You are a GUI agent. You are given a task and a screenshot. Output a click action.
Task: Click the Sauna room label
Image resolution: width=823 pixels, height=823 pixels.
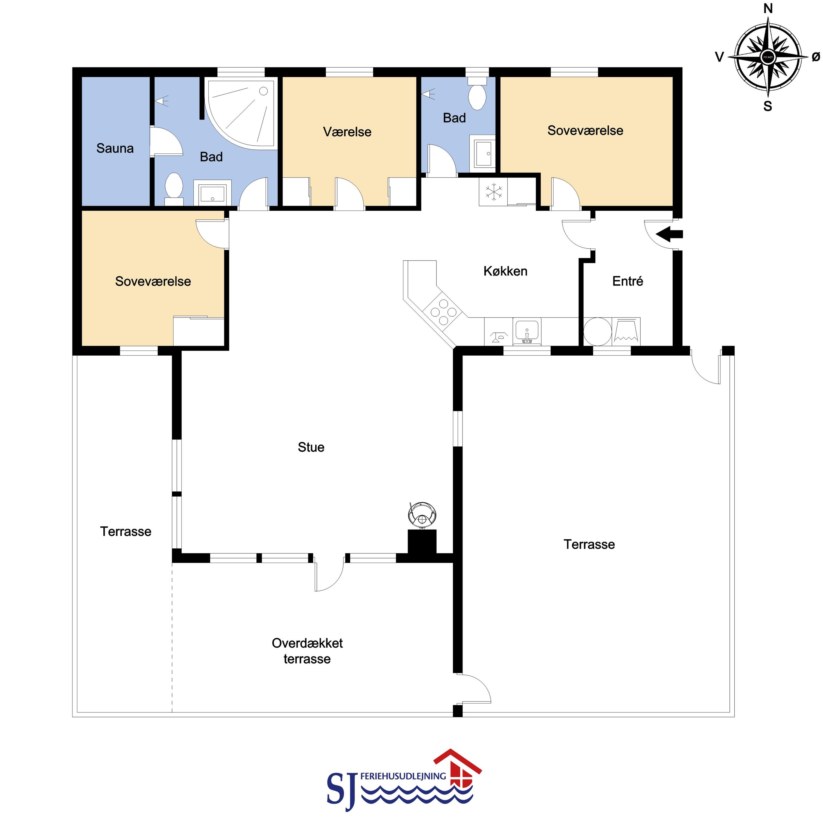pyautogui.click(x=115, y=148)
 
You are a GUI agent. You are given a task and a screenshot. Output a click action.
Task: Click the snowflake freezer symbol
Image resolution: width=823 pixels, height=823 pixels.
pyautogui.click(x=493, y=192)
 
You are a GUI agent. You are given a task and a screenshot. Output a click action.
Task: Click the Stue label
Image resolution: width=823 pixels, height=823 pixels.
pyautogui.click(x=311, y=447)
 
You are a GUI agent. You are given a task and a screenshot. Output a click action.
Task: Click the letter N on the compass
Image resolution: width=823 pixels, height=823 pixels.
pyautogui.click(x=768, y=8)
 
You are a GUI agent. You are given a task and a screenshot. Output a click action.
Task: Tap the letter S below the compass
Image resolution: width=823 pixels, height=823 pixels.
pyautogui.click(x=768, y=106)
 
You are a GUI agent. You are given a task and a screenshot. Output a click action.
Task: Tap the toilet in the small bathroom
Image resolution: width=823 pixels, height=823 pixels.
pyautogui.click(x=477, y=94)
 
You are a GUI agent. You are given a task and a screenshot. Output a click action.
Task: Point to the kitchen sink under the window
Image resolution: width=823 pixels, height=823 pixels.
pyautogui.click(x=527, y=331)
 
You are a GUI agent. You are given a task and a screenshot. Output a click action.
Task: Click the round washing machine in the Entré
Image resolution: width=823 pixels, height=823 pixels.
pyautogui.click(x=598, y=331)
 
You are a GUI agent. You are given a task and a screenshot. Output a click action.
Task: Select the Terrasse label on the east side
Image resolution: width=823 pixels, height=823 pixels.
pyautogui.click(x=589, y=544)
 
